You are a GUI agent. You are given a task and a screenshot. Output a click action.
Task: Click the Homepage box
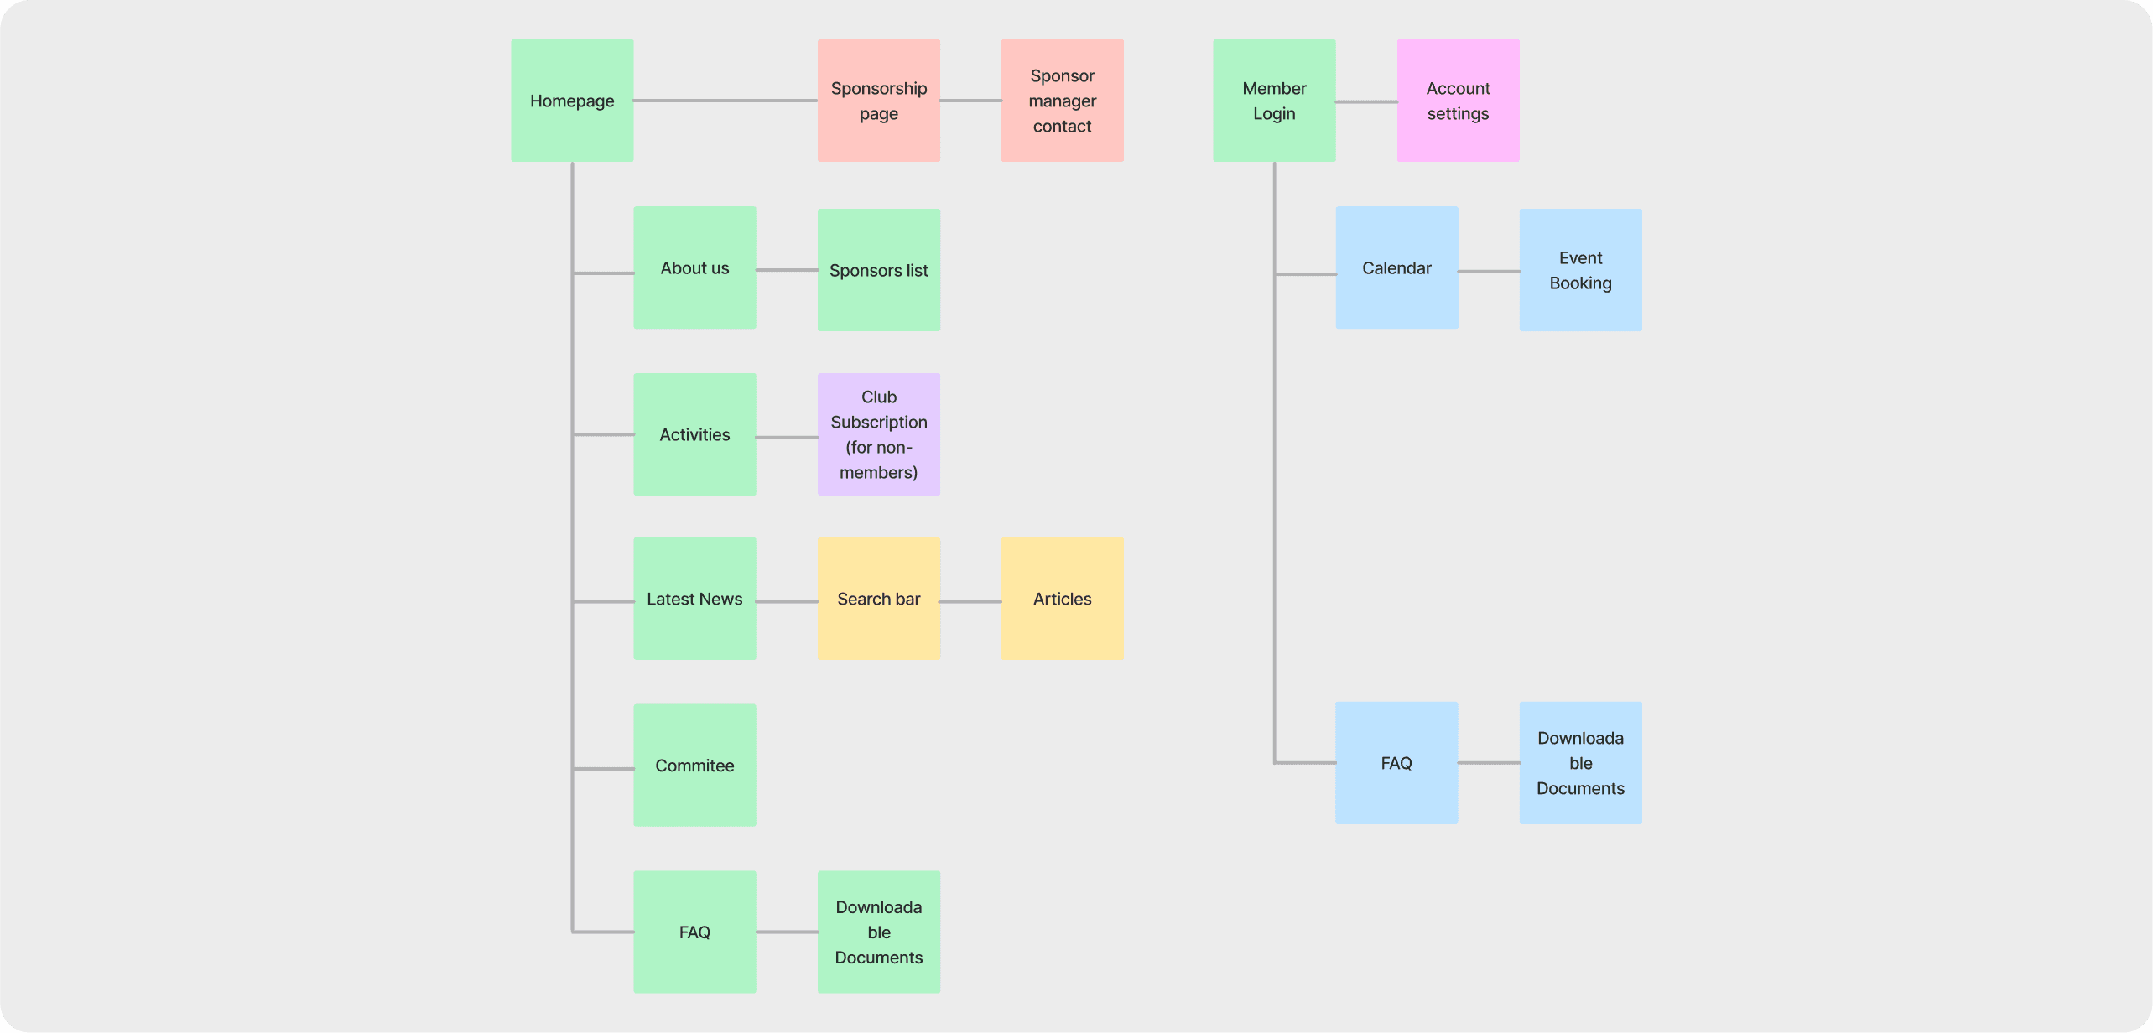pos(572,101)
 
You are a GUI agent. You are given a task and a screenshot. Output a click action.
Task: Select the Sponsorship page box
pos(878,101)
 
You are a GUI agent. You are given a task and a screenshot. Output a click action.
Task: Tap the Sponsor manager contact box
pos(1062,101)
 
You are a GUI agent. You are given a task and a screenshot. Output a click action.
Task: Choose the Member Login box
pos(1274,101)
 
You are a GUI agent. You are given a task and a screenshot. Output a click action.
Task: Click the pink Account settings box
pos(1458,101)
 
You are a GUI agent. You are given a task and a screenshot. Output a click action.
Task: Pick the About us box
pos(694,267)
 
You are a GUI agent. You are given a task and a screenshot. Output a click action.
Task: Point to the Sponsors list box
pos(878,270)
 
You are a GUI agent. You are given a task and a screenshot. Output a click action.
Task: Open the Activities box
pos(694,434)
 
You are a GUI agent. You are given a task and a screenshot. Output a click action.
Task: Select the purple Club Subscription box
pos(878,434)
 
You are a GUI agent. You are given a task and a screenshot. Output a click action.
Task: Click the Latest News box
pos(694,599)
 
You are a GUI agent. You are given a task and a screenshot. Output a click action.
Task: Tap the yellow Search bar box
pos(878,599)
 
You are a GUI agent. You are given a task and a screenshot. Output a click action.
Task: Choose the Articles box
pos(1062,599)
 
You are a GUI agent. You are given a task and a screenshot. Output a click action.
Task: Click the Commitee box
pos(694,765)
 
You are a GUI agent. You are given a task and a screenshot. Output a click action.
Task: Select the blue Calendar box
pos(1396,267)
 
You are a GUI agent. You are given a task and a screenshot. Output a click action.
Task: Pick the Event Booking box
pos(1580,270)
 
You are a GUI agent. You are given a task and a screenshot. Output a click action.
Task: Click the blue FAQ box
pos(1396,763)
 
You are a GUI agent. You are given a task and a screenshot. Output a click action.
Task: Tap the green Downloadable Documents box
pos(878,932)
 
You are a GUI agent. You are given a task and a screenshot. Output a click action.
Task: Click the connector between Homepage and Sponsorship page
pos(725,101)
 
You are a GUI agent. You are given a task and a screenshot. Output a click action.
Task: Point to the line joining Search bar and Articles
pos(970,601)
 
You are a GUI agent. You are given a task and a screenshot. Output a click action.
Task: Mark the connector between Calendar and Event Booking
pos(1489,271)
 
